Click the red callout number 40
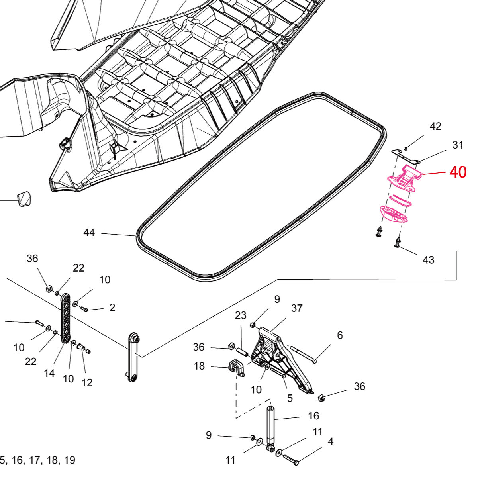pos(458,172)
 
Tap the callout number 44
pos(89,233)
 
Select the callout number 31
pos(458,145)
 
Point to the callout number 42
pos(435,126)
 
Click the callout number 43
pos(428,260)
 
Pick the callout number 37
pos(297,308)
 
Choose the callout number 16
pos(313,416)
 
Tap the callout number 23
pos(241,316)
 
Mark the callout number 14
pos(49,373)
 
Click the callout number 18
pos(200,366)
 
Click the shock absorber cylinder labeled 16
pos(271,424)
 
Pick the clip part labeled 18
pos(237,367)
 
